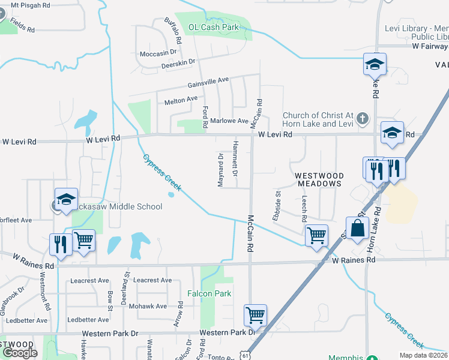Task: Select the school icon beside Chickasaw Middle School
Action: pos(66,199)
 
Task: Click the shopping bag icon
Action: pos(357,229)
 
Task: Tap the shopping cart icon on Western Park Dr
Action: pos(255,314)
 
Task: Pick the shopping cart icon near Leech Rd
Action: pos(316,235)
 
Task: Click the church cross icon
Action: pos(361,118)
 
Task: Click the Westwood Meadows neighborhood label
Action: pos(318,179)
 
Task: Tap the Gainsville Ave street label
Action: pos(208,80)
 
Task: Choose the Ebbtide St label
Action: pos(277,206)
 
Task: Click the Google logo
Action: pos(20,353)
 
